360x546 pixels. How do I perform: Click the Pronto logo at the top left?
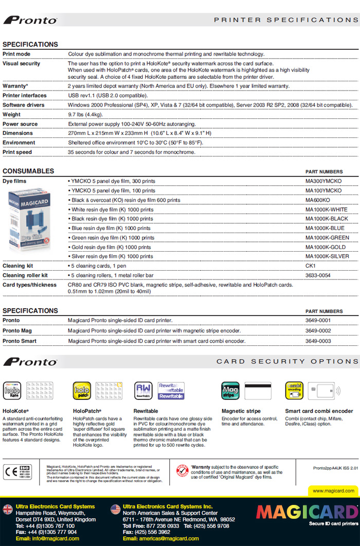click(30, 20)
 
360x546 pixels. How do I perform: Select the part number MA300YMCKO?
click(323, 181)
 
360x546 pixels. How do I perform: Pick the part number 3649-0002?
click(318, 330)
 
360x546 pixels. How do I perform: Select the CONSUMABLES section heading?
click(28, 171)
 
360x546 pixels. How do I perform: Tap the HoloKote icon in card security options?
click(12, 391)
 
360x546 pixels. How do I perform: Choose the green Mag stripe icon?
click(230, 391)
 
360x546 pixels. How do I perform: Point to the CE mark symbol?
click(10, 471)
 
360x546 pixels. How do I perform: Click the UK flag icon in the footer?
click(8, 509)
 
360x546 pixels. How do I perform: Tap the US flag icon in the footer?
click(115, 509)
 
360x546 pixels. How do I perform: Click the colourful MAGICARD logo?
click(307, 512)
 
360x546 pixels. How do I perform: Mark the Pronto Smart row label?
click(20, 341)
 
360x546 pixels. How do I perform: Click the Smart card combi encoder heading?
click(319, 411)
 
